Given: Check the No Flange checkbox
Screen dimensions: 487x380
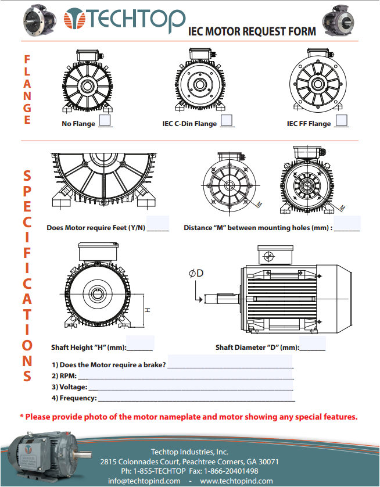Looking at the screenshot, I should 105,121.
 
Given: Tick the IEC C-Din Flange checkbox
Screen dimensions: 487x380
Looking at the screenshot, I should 227,121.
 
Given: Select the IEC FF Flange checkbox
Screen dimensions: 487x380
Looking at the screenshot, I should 342,121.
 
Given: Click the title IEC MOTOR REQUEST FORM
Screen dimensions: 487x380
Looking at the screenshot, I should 253,31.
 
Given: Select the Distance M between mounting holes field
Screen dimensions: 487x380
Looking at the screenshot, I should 347,224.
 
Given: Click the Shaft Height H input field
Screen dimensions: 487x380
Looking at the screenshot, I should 140,344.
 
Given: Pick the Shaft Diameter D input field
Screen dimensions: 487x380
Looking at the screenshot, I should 313,344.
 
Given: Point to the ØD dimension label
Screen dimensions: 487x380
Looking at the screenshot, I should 196,273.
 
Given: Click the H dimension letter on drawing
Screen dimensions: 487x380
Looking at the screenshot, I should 148,310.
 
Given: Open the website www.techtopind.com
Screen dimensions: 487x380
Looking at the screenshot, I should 236,481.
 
